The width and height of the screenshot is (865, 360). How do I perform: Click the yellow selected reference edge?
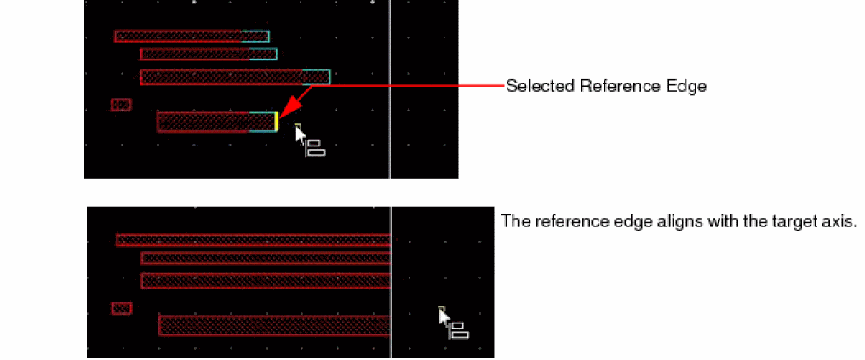pyautogui.click(x=277, y=122)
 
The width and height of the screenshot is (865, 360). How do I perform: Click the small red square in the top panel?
pyautogui.click(x=121, y=105)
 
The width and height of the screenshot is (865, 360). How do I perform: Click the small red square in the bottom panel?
pyautogui.click(x=122, y=308)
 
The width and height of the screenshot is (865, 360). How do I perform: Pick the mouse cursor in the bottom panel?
pyautogui.click(x=444, y=317)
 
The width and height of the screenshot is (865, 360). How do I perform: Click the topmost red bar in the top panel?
pyautogui.click(x=179, y=37)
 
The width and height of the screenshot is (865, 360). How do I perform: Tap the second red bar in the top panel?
pyautogui.click(x=196, y=54)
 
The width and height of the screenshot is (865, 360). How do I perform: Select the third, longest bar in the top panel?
pyautogui.click(x=221, y=77)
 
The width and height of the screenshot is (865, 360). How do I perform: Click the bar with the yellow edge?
pyautogui.click(x=204, y=122)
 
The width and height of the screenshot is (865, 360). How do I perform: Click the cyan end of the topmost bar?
pyautogui.click(x=255, y=37)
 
